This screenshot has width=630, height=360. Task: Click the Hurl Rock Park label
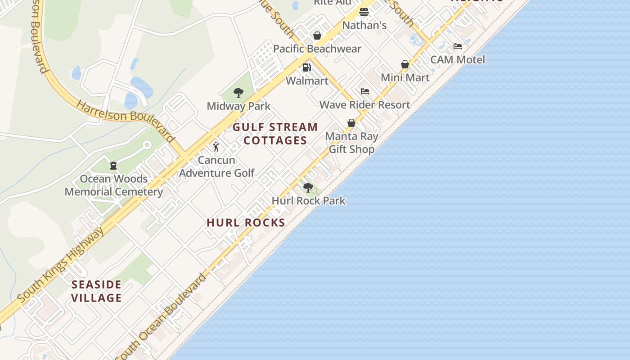coord(308,200)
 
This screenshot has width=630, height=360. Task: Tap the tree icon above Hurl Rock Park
coord(308,187)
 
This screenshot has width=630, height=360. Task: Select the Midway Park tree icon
coord(238,93)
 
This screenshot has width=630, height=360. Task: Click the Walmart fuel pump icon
coord(307,67)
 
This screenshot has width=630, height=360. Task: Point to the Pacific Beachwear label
coord(317,49)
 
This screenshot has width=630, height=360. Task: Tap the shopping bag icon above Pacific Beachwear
coord(317,36)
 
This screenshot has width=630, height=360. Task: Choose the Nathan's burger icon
coord(364,12)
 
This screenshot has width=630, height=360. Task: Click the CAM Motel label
coord(458,59)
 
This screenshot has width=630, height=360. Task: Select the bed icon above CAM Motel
coord(458,46)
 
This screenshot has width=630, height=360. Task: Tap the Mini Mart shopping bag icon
coord(405,64)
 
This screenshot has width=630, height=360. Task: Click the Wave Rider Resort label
coord(364,105)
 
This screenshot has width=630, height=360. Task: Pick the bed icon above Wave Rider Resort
coord(365,91)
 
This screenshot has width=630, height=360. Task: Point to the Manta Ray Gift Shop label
coord(351,143)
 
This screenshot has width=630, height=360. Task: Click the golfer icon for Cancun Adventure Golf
coord(216,147)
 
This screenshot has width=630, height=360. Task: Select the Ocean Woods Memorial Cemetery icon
coord(113,166)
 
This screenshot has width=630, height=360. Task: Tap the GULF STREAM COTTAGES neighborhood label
coord(275,134)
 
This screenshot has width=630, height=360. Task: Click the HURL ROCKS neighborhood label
coord(246,222)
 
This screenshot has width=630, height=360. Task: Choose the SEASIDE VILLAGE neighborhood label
coord(97,291)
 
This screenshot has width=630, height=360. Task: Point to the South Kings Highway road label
coord(60,265)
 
